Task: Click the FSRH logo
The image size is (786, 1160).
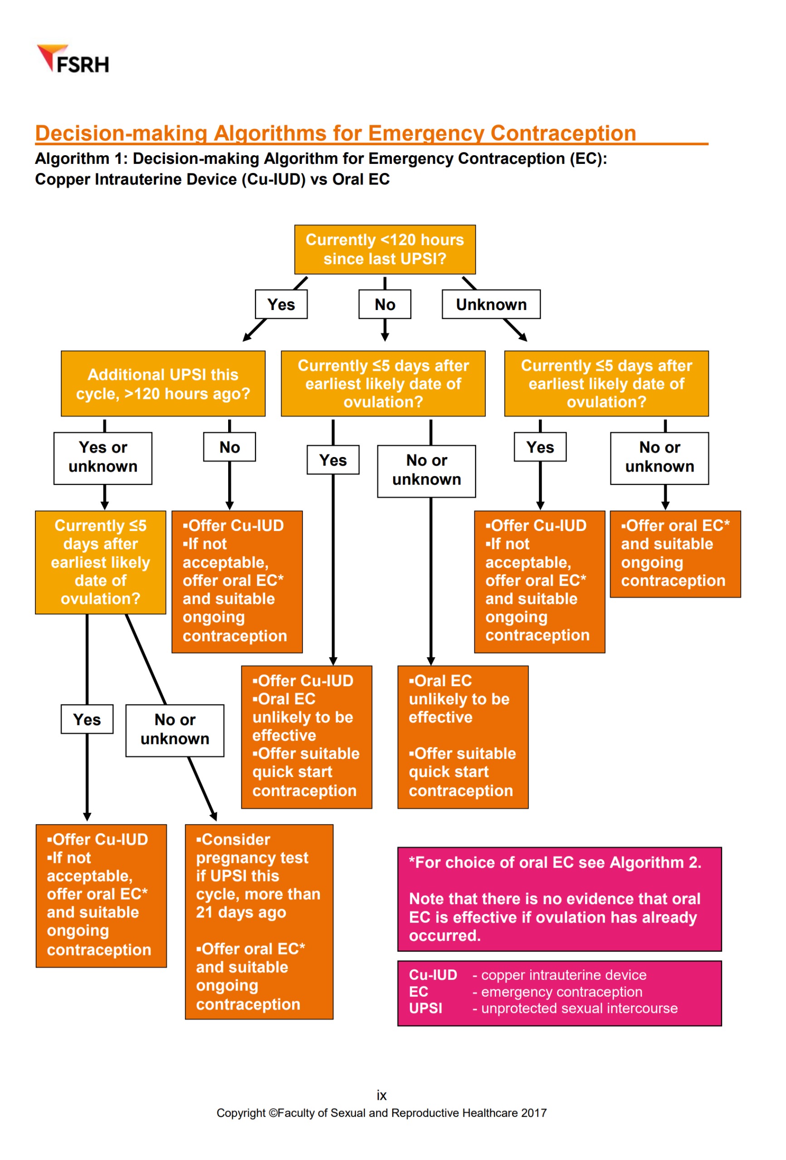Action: click(73, 59)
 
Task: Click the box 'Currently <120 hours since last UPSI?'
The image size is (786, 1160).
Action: click(385, 249)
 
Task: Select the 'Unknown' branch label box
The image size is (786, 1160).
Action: click(491, 304)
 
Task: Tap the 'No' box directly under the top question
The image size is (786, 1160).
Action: click(385, 304)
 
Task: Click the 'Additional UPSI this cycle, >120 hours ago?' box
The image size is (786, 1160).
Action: click(163, 383)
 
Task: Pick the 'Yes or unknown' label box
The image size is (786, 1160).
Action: click(103, 458)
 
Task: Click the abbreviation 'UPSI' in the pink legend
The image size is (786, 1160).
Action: click(425, 1008)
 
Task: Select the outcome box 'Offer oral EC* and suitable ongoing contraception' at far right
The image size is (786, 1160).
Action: click(675, 554)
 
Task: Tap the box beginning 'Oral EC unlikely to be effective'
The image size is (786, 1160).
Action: click(462, 736)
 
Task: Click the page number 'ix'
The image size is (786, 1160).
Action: click(381, 1095)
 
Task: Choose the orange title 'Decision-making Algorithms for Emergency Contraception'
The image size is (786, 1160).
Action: click(335, 133)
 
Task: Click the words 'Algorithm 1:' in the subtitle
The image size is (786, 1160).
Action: click(81, 159)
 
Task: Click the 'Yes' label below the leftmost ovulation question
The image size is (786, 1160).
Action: click(87, 719)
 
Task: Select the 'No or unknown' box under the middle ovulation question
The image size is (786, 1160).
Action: click(426, 471)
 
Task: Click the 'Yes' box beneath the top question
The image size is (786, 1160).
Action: click(281, 304)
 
